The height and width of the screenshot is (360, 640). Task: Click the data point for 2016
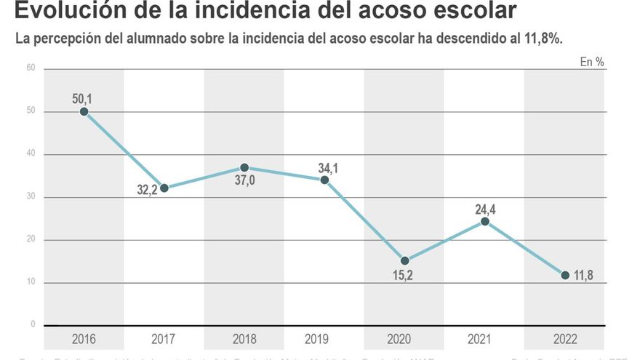point(84,111)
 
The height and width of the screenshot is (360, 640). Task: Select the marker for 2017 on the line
point(164,188)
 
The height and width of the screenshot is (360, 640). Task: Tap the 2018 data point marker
point(244,167)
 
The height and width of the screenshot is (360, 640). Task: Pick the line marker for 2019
point(324,180)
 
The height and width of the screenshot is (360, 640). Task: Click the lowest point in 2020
point(404,260)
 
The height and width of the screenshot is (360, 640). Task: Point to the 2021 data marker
point(484,221)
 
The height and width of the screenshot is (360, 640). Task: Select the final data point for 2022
point(565,275)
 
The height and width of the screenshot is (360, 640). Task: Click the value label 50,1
point(82,98)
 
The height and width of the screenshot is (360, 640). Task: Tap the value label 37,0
point(244,181)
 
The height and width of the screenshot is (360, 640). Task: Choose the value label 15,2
point(405,276)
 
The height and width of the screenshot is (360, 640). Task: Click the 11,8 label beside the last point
point(585,275)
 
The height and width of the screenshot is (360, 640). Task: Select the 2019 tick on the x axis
point(316,339)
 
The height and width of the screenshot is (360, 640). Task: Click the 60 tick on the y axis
point(31,68)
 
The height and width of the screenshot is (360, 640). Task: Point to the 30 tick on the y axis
point(31,197)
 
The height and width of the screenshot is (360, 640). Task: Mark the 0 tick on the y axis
point(33,324)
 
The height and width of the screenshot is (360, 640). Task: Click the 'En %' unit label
point(592,62)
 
